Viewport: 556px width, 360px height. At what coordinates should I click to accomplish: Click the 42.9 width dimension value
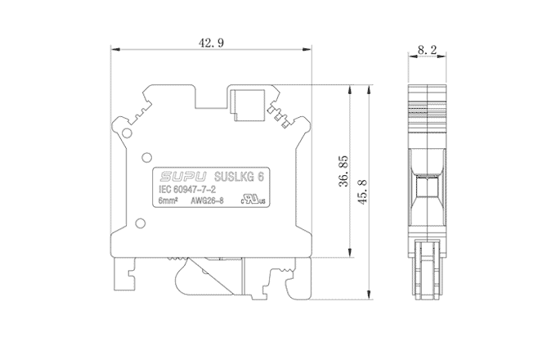(x=211, y=43)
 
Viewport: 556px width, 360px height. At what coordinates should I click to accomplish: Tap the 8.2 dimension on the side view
(x=427, y=49)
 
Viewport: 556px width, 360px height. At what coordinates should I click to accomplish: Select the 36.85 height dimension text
(x=343, y=171)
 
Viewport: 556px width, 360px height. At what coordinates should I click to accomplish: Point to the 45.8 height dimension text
(x=362, y=192)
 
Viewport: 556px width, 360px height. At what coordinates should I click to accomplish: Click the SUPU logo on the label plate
(x=183, y=176)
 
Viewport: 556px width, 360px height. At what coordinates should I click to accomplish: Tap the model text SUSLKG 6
(x=240, y=176)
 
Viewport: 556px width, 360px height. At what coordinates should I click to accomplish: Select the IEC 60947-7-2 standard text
(x=187, y=189)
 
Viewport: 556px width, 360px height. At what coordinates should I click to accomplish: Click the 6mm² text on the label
(x=168, y=200)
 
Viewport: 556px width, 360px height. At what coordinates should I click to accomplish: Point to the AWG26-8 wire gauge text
(x=207, y=200)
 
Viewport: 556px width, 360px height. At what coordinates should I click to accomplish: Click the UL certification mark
(x=253, y=200)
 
